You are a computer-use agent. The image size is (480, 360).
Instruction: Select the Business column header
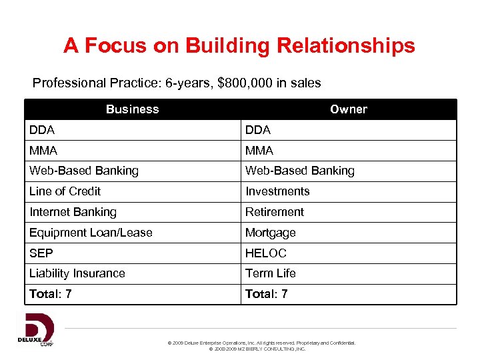click(x=132, y=109)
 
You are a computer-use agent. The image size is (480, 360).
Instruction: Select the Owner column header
click(x=348, y=109)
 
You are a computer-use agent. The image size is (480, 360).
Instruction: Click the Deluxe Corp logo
click(x=36, y=330)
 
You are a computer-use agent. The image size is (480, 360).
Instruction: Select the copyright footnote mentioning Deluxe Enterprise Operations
click(x=263, y=343)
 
